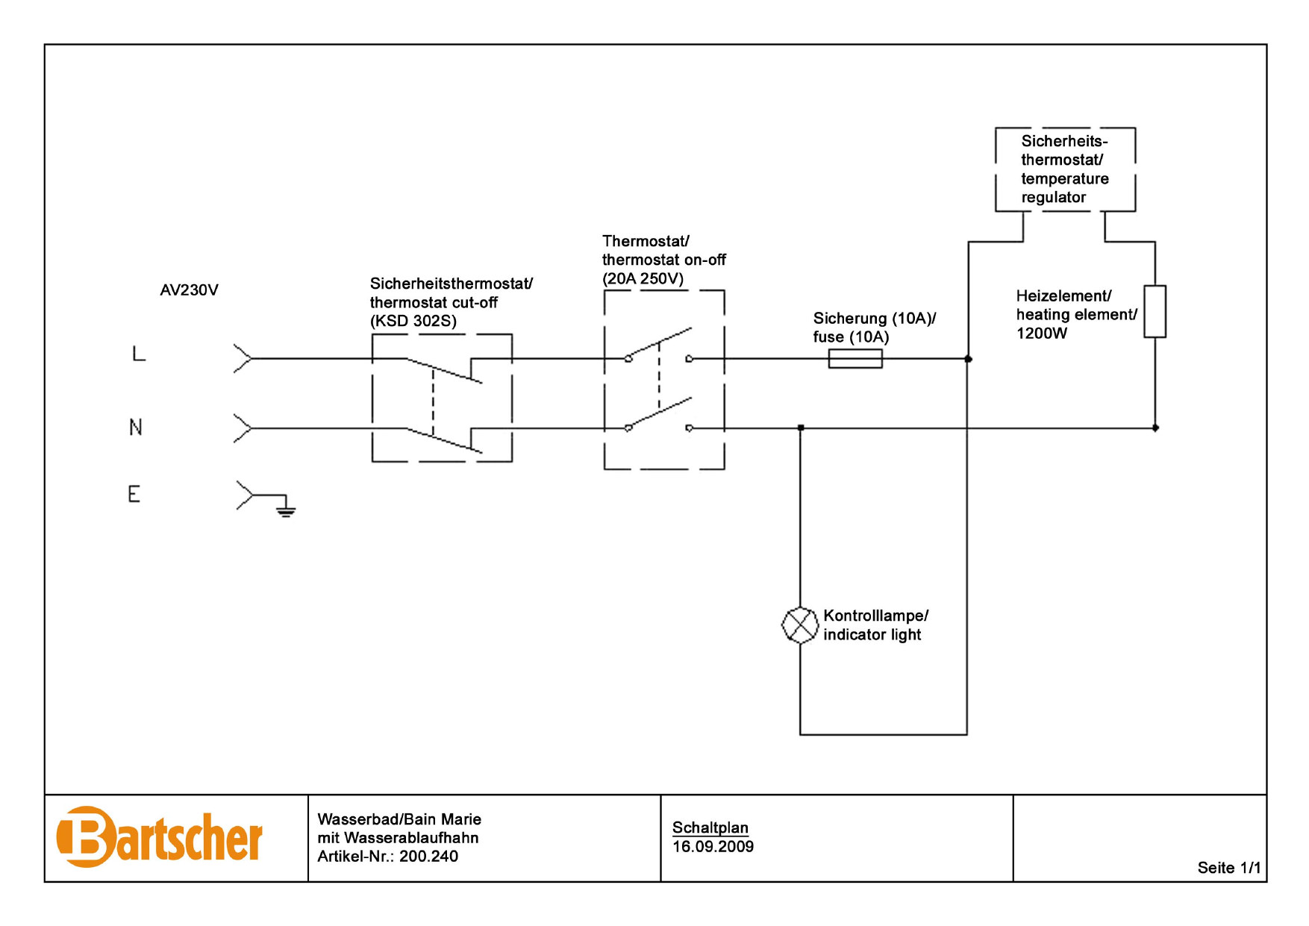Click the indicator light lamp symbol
pos(799,625)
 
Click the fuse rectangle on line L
pos(855,359)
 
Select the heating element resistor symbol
pos(1155,311)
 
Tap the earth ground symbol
pos(285,510)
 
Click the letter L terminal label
pos(139,354)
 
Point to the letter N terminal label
pos(135,428)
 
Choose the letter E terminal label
pos(134,494)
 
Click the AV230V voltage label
pos(189,290)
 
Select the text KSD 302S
pos(413,322)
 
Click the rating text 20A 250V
pos(643,279)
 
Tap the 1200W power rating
pos(1041,334)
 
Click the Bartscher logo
pos(159,837)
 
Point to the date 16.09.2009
pos(713,847)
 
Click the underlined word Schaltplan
pos(710,828)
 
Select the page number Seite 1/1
pos(1228,868)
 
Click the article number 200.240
pos(428,857)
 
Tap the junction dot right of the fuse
pos(968,359)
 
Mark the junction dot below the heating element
pos(1155,428)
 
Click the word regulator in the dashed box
pos(1053,198)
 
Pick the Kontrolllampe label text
pos(875,616)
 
